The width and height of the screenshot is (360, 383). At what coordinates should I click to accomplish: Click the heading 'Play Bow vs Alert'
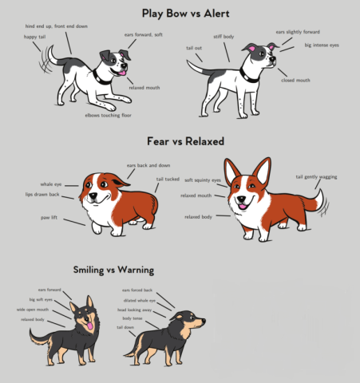pos(180,13)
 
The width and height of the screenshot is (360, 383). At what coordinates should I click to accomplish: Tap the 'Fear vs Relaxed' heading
pos(180,141)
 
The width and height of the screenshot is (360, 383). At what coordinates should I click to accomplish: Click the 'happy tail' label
pos(34,38)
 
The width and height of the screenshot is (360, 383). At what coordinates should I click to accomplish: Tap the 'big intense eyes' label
pos(322,45)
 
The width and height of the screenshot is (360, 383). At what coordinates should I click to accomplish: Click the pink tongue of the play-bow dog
pos(123,73)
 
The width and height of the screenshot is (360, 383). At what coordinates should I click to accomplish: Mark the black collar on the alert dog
pos(249,78)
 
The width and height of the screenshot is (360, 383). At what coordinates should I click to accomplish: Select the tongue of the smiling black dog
pos(89,326)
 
